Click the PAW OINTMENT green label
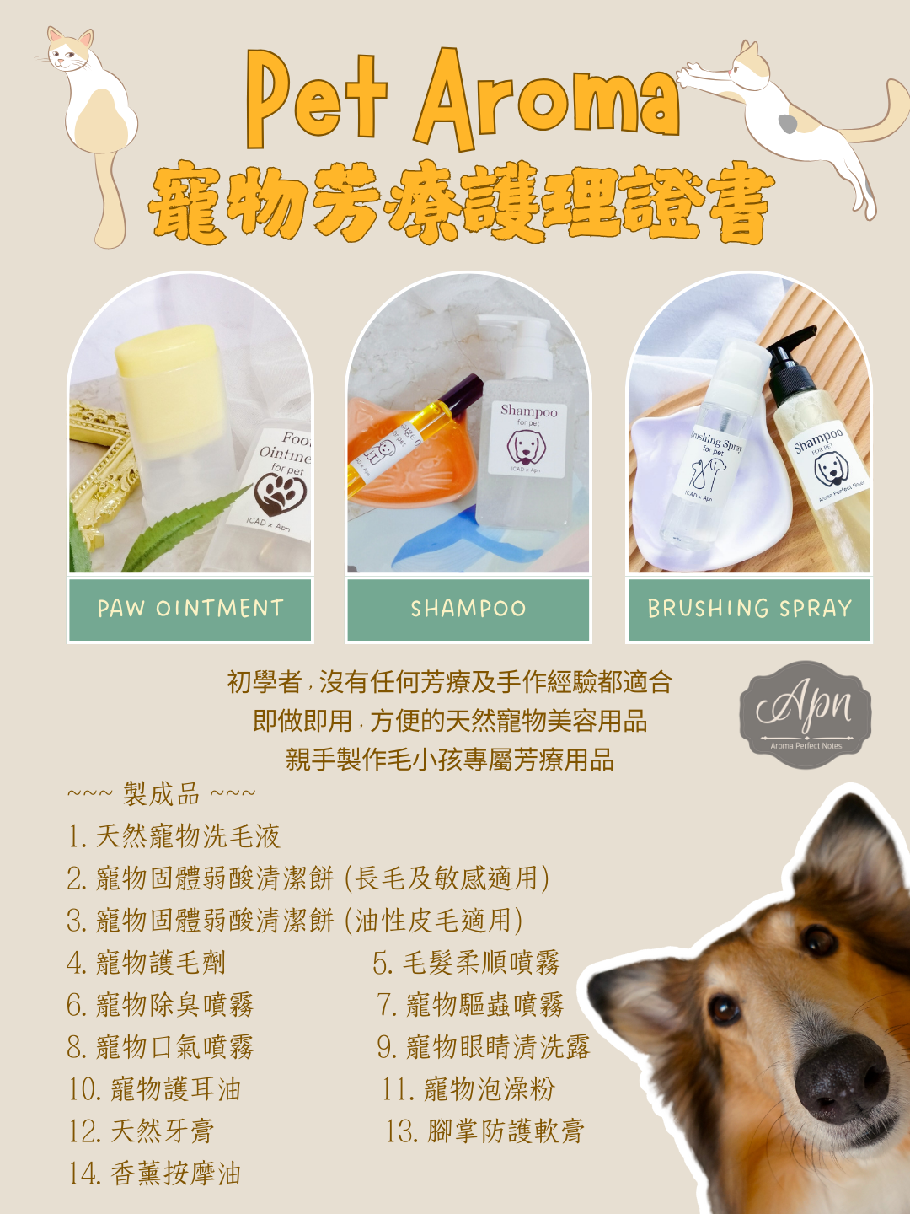point(190,610)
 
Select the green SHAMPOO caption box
point(468,610)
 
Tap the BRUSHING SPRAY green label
point(749,610)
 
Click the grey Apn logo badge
point(806,715)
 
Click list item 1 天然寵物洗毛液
point(174,836)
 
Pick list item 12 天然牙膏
point(142,1131)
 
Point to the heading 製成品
point(161,794)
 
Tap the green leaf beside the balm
point(182,525)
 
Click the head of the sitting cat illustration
point(70,51)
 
